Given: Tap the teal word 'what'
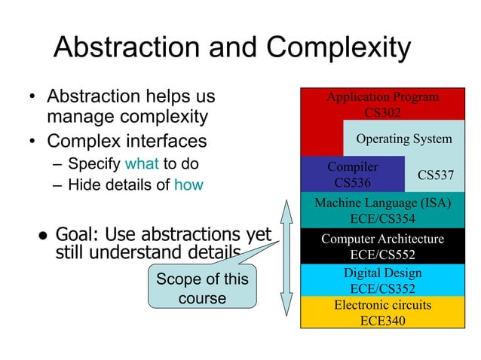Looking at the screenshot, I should point(141,163).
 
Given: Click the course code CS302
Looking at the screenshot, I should point(382,112).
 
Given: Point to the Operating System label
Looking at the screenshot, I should point(403,139).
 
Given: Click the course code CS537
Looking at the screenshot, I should point(435,175).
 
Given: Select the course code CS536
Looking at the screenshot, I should point(352,182).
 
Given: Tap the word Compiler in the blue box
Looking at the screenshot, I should point(352,166).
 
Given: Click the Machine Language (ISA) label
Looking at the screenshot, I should point(382,203).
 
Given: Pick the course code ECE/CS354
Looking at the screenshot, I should point(382,218).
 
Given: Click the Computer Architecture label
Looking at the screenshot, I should point(382,239).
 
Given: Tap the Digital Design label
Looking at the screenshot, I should point(382,273).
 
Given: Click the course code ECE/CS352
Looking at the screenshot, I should point(382,288).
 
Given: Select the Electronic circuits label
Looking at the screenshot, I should point(382,305).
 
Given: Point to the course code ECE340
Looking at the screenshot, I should point(382,320).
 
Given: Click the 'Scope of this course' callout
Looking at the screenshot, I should point(201,288).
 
